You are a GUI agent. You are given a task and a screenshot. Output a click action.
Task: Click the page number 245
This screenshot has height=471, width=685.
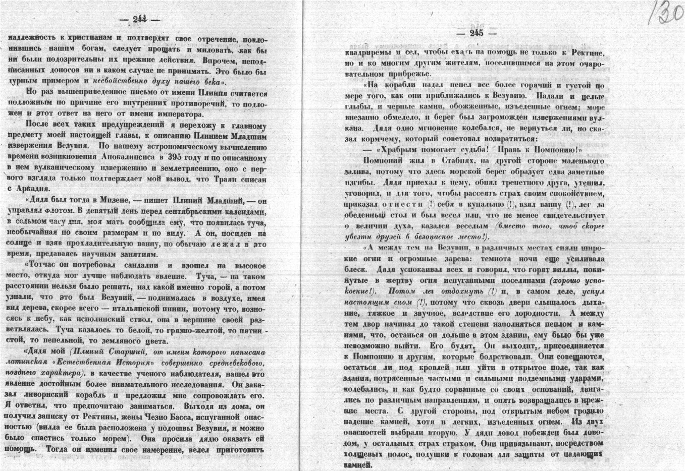pos(477,34)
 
